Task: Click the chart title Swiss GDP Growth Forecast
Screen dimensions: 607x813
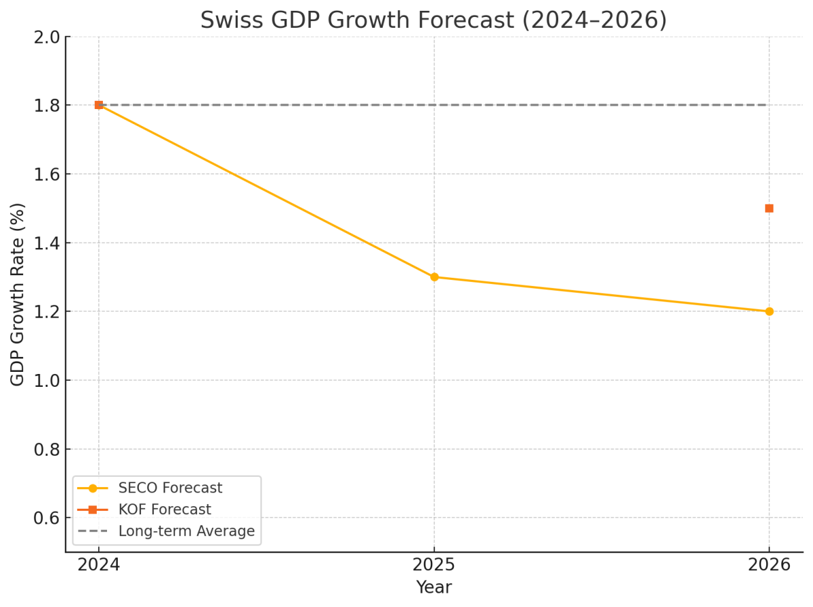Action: click(x=434, y=20)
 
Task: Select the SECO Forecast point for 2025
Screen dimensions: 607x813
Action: click(x=434, y=277)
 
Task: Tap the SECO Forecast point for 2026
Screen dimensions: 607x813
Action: click(x=769, y=312)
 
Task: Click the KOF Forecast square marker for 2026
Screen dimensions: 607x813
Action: click(x=769, y=208)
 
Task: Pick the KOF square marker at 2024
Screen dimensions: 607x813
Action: click(x=99, y=105)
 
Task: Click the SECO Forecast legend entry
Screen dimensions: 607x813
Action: click(x=170, y=488)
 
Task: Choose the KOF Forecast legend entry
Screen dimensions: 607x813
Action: click(x=165, y=509)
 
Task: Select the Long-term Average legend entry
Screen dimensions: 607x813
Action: click(x=186, y=531)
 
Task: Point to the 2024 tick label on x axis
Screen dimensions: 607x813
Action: click(x=99, y=565)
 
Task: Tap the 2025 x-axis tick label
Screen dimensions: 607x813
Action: click(x=434, y=565)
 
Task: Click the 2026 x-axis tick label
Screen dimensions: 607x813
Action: click(x=769, y=565)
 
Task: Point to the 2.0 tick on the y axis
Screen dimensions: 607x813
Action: click(x=47, y=37)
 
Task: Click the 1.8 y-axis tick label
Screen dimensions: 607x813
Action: click(x=47, y=105)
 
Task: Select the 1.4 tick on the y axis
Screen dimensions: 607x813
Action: click(x=47, y=243)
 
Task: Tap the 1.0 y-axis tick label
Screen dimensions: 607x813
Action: click(x=47, y=380)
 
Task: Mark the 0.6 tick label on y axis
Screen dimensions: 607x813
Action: click(x=47, y=518)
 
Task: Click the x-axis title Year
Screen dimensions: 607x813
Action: click(x=434, y=587)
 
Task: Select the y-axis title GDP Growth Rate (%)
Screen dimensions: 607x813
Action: click(x=18, y=294)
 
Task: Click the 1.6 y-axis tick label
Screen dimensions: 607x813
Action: click(x=47, y=174)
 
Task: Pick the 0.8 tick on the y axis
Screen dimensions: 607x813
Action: click(x=47, y=449)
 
